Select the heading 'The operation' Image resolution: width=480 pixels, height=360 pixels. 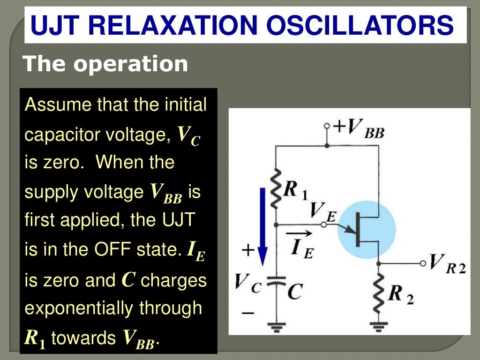click(105, 64)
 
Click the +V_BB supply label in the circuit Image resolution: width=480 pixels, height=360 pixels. click(359, 127)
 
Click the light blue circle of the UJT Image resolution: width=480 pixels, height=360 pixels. click(363, 230)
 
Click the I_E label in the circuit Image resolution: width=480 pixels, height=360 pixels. click(301, 247)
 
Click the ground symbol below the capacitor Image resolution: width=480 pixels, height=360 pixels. click(276, 325)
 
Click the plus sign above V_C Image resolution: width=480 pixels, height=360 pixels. click(247, 251)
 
